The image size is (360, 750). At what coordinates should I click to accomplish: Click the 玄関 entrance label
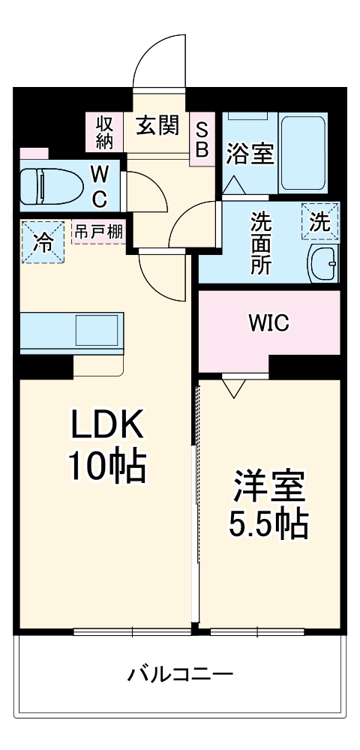[157, 125]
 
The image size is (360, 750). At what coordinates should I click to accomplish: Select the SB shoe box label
[202, 139]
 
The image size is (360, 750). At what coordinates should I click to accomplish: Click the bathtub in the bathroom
[303, 154]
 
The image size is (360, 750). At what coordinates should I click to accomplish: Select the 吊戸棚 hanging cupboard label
[98, 232]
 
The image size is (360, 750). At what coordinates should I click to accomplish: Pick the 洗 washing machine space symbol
[319, 222]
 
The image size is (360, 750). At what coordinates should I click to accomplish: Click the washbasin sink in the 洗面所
[323, 262]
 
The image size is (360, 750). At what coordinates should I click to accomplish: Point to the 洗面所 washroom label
[260, 244]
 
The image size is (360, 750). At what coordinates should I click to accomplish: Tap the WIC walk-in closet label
[268, 325]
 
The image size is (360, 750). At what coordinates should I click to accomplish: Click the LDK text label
[106, 427]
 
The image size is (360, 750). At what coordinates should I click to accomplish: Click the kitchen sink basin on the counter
[96, 331]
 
